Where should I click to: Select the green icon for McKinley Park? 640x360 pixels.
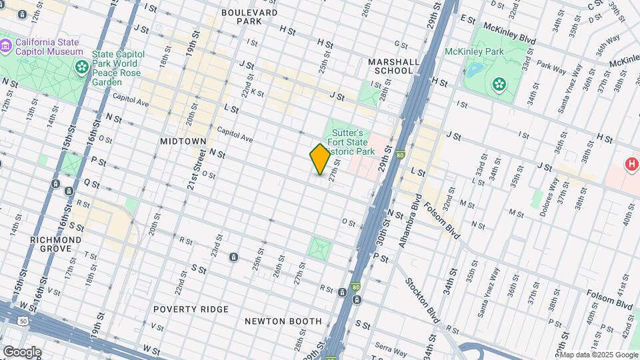pos(498,83)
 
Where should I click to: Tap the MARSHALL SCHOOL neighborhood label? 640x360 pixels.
pos(393,66)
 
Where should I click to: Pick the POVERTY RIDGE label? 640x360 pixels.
pos(191,309)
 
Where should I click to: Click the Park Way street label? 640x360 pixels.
pos(551,67)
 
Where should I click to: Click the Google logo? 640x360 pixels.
pos(22,352)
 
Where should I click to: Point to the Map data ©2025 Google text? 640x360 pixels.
pos(599,355)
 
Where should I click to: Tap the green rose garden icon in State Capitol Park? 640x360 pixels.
pos(82,66)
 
